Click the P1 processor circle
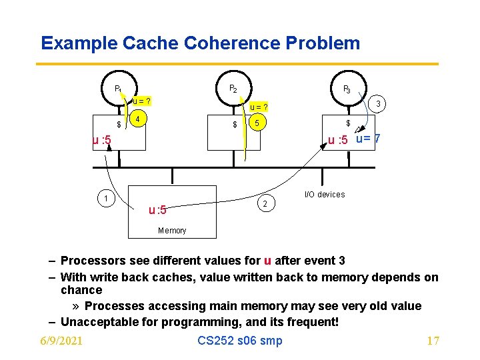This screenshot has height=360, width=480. tap(118, 88)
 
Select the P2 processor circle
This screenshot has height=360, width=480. tap(233, 88)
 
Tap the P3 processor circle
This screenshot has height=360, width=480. tap(347, 88)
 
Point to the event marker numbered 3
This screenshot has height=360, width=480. tap(378, 103)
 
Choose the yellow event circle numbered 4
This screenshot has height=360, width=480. tap(137, 120)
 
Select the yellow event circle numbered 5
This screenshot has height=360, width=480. tap(257, 123)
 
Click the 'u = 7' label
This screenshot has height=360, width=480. tap(368, 139)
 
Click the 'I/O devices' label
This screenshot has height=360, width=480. tap(325, 195)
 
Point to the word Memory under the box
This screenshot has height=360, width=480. tap(172, 231)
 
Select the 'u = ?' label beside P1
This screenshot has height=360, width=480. tap(141, 101)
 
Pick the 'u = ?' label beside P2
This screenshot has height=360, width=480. tap(259, 107)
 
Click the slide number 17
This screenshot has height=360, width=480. tap(433, 341)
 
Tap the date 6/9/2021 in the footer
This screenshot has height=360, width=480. tap(61, 341)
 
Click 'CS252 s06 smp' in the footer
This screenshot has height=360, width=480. tap(240, 341)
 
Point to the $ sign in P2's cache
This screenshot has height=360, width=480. tap(235, 125)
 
